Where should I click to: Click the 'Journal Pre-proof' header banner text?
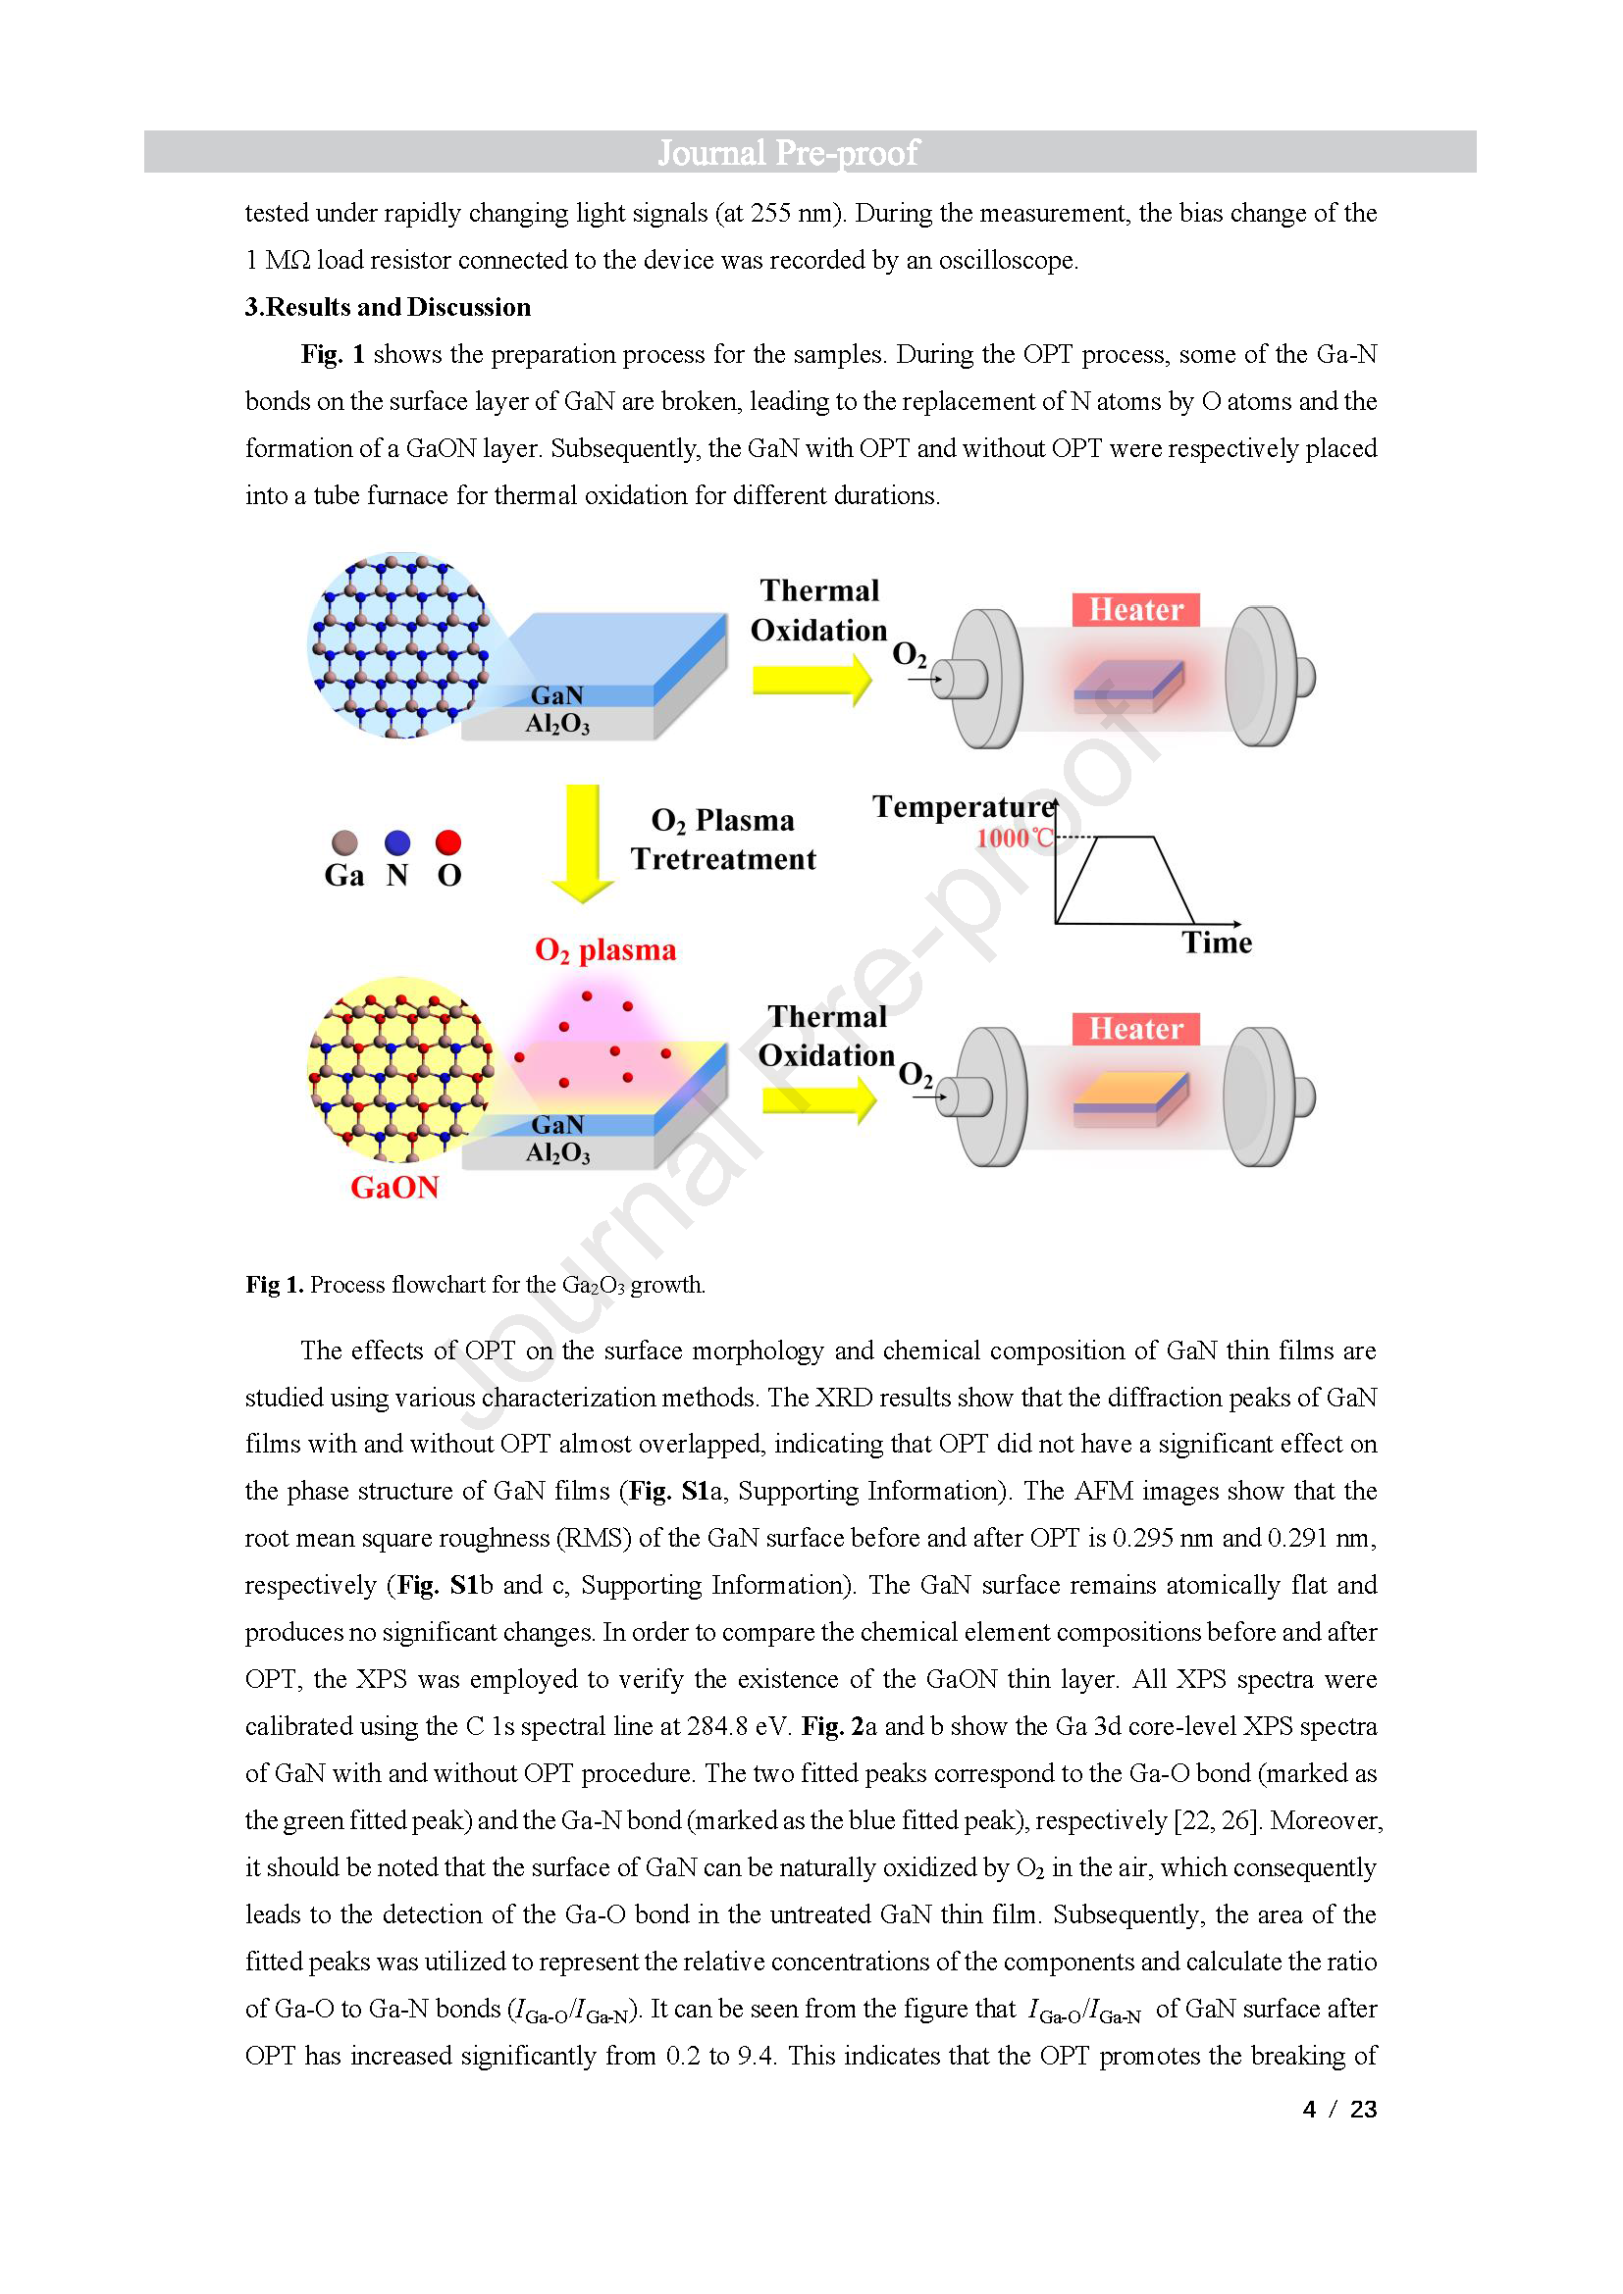(x=788, y=153)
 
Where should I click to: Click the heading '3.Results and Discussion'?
(x=388, y=307)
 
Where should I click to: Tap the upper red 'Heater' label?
(x=1136, y=609)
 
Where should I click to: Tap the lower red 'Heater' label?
(x=1136, y=1029)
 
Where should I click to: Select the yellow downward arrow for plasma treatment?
(x=583, y=843)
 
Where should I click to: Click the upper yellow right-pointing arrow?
(x=812, y=679)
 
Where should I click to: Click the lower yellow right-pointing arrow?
(x=819, y=1099)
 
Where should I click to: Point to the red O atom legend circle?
(x=448, y=842)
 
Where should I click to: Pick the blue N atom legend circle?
(x=397, y=842)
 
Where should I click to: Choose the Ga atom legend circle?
(x=344, y=842)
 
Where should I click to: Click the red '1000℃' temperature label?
(x=1016, y=839)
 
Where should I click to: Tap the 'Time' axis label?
(x=1217, y=943)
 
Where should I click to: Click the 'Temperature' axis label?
(x=964, y=806)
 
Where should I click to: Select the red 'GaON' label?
(x=394, y=1187)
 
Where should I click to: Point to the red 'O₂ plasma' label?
(x=605, y=950)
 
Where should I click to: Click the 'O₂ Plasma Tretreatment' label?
(x=723, y=840)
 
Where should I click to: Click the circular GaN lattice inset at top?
(x=399, y=645)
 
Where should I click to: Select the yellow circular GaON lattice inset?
(x=400, y=1070)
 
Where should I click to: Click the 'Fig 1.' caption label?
(x=275, y=1285)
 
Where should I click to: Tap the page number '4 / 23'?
(x=1340, y=2110)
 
